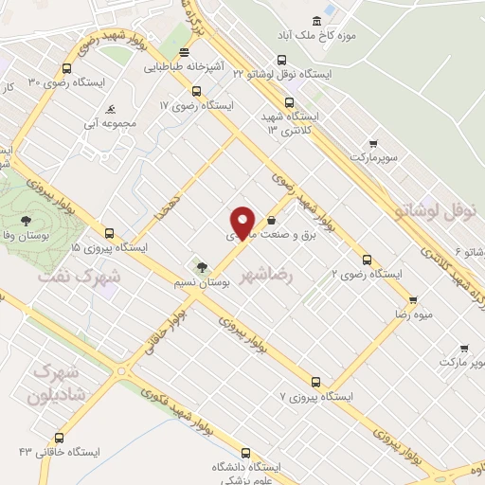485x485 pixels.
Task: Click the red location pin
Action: point(244,222)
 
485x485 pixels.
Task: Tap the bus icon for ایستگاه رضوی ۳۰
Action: point(65,68)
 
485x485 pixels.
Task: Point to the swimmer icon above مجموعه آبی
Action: point(113,108)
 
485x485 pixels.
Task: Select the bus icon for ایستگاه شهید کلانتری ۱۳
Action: point(289,102)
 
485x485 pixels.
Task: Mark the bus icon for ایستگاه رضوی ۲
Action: point(367,259)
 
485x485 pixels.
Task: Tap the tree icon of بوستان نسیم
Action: point(200,265)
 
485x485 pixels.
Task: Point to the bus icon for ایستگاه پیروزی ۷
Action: point(315,381)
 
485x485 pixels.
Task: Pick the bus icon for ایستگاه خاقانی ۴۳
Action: point(60,438)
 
